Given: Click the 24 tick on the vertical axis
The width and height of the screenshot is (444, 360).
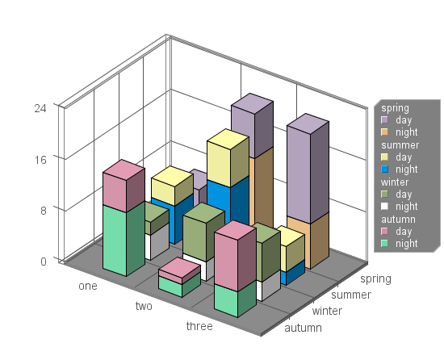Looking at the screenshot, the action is (x=40, y=108).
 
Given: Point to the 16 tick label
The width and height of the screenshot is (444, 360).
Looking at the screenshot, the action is (x=40, y=160).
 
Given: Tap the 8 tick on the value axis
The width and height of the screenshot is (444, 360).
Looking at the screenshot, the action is (x=44, y=211).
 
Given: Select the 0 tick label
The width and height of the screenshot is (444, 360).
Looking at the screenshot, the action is (x=44, y=262).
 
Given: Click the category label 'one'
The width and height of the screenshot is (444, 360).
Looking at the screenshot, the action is (x=88, y=286).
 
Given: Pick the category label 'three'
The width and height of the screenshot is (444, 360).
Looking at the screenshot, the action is (x=199, y=326).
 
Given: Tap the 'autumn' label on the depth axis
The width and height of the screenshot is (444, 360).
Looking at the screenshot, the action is (x=303, y=328).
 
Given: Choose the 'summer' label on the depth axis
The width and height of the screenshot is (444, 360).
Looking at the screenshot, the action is (x=351, y=295).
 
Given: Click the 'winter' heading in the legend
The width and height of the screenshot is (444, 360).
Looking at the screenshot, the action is (x=395, y=182).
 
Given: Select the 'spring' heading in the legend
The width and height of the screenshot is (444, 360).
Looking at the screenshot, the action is (x=395, y=108).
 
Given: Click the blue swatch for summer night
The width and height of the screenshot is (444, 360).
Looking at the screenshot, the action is (x=384, y=170).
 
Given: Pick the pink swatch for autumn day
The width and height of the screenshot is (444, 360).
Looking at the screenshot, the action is (x=384, y=231).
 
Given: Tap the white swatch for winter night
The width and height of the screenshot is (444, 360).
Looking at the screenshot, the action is (x=384, y=207).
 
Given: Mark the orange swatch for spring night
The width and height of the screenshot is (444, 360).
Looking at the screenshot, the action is (x=384, y=132).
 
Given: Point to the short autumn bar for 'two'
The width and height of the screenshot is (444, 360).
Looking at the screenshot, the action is (x=179, y=278).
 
